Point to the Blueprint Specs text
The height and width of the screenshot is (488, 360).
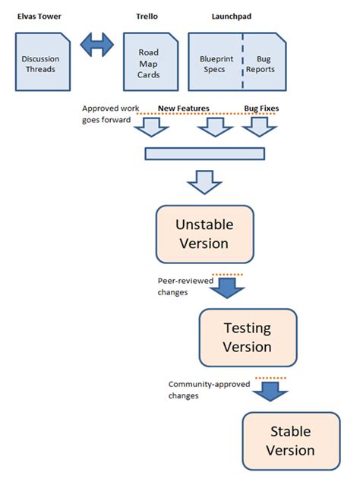coord(216,65)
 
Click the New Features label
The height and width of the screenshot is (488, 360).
coord(183,109)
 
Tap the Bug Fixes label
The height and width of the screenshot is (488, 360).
coord(261,109)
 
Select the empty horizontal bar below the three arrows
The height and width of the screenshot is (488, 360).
coord(204,154)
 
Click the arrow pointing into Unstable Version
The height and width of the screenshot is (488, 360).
coord(204,182)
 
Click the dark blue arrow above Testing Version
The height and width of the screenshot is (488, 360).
coord(227,287)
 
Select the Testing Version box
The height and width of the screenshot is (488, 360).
coord(247,337)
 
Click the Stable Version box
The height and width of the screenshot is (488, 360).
coord(292,440)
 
